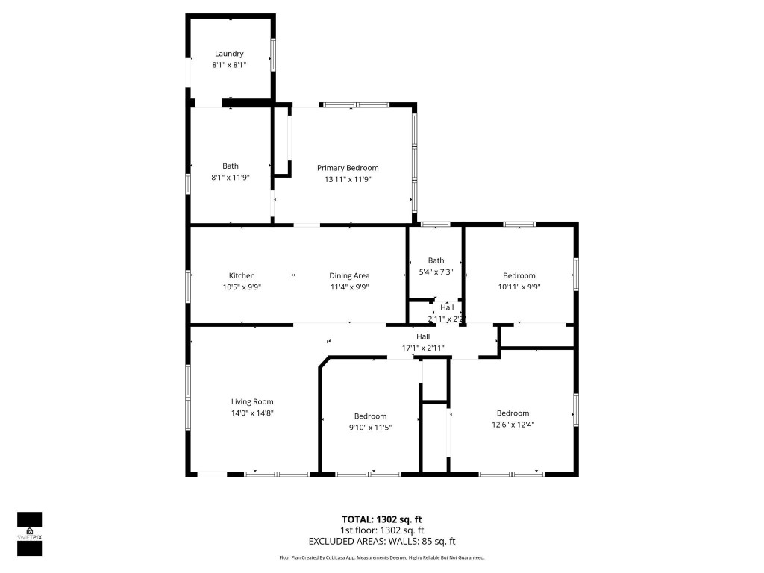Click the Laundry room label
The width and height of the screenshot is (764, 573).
click(x=229, y=54)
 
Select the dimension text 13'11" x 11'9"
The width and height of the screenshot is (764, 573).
click(x=347, y=179)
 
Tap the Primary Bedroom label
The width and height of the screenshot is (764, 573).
click(x=347, y=168)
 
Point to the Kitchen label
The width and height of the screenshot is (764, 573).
click(x=242, y=275)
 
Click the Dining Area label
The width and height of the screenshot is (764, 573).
click(x=349, y=275)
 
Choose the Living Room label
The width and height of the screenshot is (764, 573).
click(x=251, y=401)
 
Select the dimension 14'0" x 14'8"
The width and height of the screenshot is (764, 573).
click(x=251, y=413)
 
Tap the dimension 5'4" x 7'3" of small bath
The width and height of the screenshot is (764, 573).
click(x=436, y=272)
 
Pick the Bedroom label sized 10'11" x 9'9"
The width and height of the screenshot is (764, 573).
click(x=519, y=275)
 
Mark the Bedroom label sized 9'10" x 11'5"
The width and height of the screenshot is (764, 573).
click(x=370, y=416)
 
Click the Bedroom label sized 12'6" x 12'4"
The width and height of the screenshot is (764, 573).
click(x=513, y=413)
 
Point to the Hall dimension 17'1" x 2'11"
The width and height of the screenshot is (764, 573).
click(x=423, y=347)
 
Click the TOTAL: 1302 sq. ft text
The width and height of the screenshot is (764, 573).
click(x=381, y=519)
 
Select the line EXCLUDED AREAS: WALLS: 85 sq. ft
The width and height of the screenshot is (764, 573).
click(x=381, y=542)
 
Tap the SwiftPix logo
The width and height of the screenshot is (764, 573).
click(x=29, y=533)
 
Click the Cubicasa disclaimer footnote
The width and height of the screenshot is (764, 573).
click(x=381, y=557)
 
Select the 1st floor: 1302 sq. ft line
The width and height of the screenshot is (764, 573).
click(x=381, y=530)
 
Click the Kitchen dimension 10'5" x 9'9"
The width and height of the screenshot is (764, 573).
click(x=242, y=286)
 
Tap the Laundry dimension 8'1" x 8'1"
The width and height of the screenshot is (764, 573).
click(x=229, y=65)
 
